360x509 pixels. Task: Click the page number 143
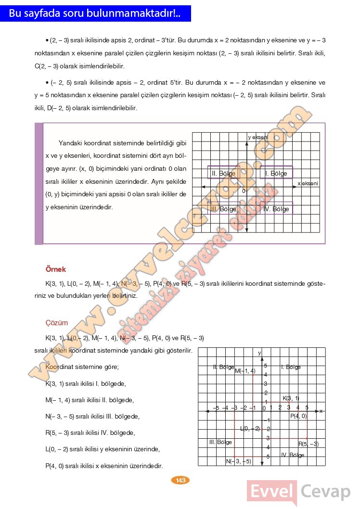click(180, 480)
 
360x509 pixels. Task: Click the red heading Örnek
click(55, 269)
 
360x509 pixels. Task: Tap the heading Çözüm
click(56, 323)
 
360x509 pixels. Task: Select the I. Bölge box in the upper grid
click(276, 173)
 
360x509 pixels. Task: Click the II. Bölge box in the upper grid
click(223, 173)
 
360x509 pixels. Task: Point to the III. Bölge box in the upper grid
click(224, 209)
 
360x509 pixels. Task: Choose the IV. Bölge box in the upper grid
click(276, 209)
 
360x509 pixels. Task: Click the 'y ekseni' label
click(258, 137)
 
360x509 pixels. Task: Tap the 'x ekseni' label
click(308, 183)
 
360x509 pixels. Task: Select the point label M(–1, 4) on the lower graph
click(245, 370)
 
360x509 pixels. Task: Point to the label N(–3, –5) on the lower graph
click(239, 462)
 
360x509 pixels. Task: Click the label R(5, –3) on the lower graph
click(309, 444)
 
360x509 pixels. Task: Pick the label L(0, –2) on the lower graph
click(250, 429)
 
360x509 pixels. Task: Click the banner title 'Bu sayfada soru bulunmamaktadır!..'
click(95, 13)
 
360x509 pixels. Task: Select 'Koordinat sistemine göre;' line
click(82, 367)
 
